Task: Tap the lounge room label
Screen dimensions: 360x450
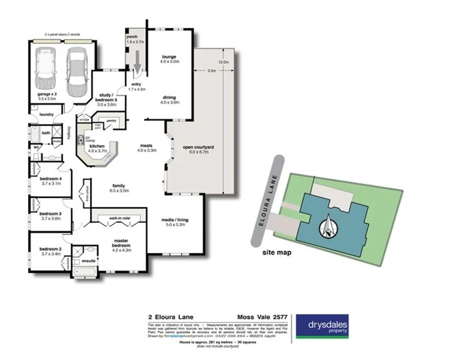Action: click(169, 59)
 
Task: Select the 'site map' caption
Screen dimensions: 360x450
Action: click(277, 253)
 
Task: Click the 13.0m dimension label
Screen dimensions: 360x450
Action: click(223, 62)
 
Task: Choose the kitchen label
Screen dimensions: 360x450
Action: click(97, 148)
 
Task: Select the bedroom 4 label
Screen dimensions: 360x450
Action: click(52, 180)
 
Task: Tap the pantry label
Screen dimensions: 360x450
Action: click(110, 121)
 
